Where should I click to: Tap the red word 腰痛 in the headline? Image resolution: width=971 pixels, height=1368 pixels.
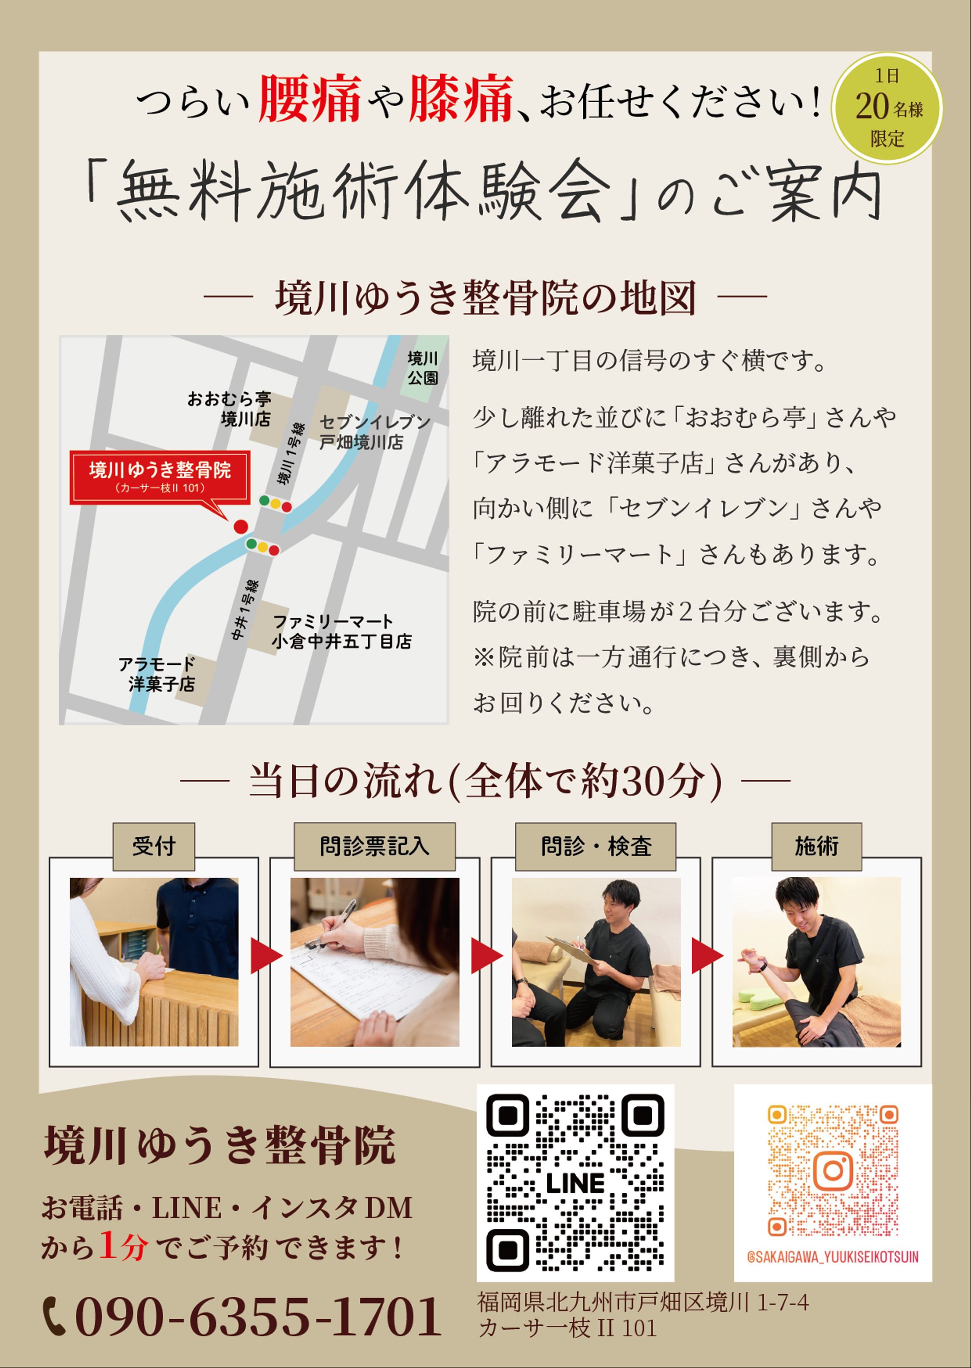pos(310,99)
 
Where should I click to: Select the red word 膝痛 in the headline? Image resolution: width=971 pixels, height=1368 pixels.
pos(461,99)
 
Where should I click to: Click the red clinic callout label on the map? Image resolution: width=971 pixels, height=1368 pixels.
pos(160,477)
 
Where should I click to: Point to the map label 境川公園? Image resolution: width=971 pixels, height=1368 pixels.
pos(423,368)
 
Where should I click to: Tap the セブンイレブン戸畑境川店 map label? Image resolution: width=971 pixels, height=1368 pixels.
pos(375,432)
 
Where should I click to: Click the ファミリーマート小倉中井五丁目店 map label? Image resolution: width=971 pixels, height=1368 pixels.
pos(341,631)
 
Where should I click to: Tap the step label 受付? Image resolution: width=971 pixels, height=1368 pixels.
pos(154,846)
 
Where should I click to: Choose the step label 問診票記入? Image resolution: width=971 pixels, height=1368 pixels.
pos(374,846)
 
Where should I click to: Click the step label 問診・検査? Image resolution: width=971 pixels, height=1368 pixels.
pos(595,846)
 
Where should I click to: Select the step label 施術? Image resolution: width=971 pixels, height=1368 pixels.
pos(816,846)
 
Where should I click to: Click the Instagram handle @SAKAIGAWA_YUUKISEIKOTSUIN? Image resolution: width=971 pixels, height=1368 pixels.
pos(833,1257)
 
